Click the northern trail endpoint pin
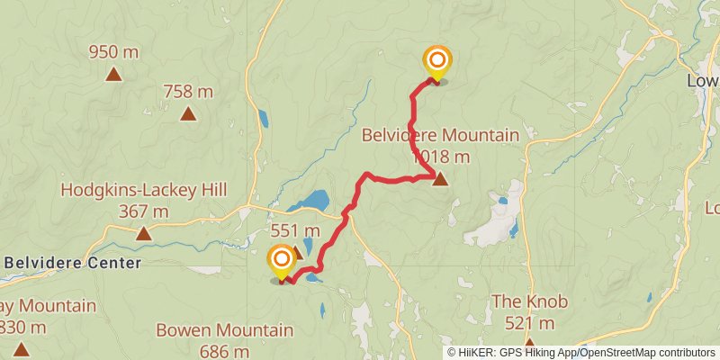pyautogui.click(x=437, y=62)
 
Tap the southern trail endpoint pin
pyautogui.click(x=282, y=262)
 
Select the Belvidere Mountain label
pyautogui.click(x=440, y=136)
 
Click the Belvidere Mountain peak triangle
pyautogui.click(x=440, y=179)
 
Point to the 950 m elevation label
pyautogui.click(x=113, y=52)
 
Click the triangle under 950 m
pyautogui.click(x=113, y=74)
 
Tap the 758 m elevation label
pyautogui.click(x=188, y=91)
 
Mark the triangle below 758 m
pyautogui.click(x=188, y=113)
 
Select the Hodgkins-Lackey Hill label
pyautogui.click(x=143, y=191)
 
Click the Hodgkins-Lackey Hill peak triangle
pyautogui.click(x=143, y=234)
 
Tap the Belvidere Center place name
pyautogui.click(x=73, y=263)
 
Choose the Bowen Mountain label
pyautogui.click(x=225, y=330)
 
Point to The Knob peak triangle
pyautogui.click(x=530, y=343)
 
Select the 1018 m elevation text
pyautogui.click(x=441, y=157)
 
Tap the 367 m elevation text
pyautogui.click(x=143, y=211)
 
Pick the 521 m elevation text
pyautogui.click(x=530, y=323)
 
